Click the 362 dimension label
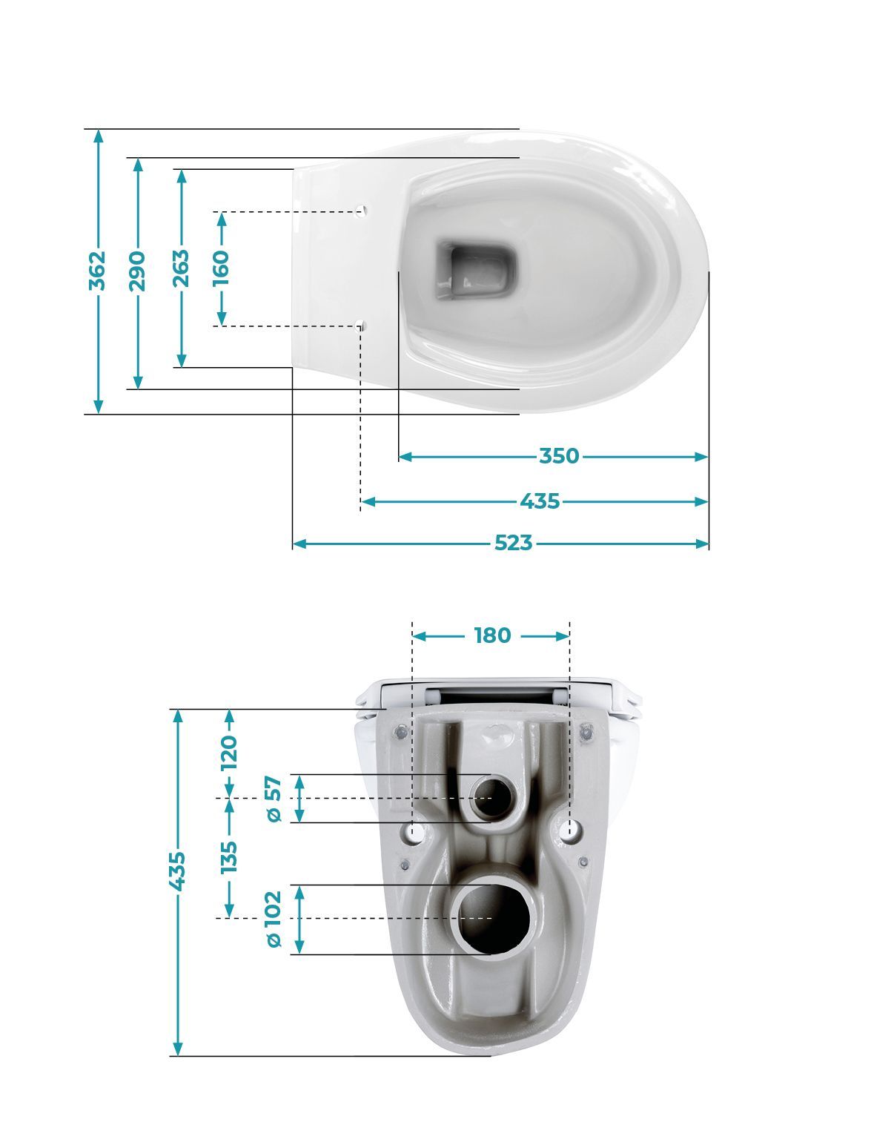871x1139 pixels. coord(97,271)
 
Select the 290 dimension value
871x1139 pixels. coord(137,271)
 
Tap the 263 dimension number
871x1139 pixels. coord(181,268)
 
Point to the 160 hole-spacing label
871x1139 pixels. coord(221,268)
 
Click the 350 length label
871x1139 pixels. coord(559,456)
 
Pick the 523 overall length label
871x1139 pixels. coord(513,543)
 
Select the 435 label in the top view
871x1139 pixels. coord(540,501)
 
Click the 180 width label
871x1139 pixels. coord(492,635)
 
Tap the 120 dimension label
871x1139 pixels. coord(229,753)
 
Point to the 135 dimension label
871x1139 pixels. coord(229,857)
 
